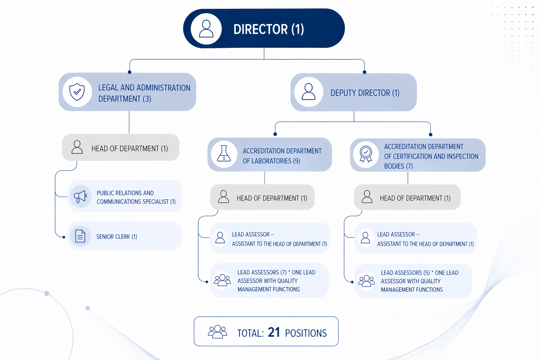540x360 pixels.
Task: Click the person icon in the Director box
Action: point(206,29)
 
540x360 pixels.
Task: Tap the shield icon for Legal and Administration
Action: point(77,92)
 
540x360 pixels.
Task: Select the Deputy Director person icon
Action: point(308,92)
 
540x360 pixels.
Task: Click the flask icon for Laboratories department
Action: point(224,154)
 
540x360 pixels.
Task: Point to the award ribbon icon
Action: point(366,154)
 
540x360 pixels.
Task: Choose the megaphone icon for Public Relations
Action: point(81,197)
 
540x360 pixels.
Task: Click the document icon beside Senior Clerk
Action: point(80,236)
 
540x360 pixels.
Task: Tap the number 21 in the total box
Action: point(274,332)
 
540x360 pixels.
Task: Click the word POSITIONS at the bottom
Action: point(306,333)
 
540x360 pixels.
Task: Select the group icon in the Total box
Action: point(217,332)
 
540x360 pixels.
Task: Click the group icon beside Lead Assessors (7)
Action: point(222,280)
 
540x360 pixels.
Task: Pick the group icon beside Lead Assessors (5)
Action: point(366,281)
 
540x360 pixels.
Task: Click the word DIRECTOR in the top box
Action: point(261,30)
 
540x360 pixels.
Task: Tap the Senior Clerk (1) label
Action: point(117,237)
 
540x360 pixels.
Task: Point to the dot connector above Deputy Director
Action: point(365,72)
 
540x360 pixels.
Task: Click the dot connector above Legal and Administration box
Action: point(130,72)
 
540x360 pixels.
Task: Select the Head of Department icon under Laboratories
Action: point(224,197)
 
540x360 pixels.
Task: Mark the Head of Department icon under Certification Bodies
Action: point(367,197)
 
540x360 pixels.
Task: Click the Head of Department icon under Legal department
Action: point(77,147)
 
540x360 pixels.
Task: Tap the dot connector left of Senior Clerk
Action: point(64,237)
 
